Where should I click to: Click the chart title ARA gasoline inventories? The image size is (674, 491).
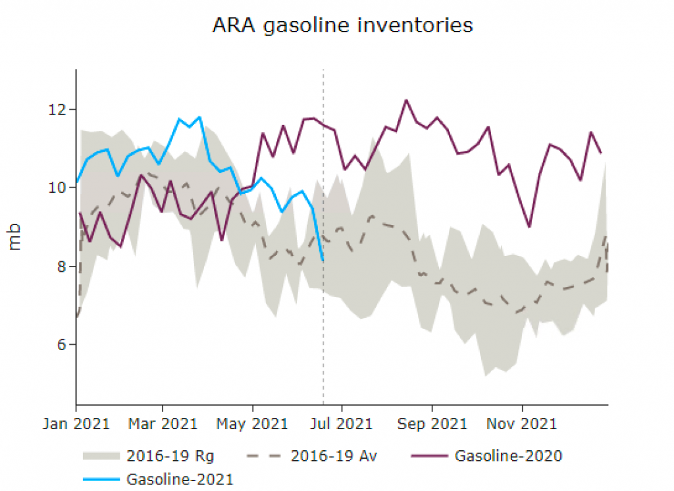pos(342,25)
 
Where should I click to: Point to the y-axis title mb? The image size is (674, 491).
pos(15,238)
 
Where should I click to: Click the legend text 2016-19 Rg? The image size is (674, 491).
pos(170,455)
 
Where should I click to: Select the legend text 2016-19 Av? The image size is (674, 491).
pos(334,455)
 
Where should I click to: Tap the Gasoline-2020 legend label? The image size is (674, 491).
pos(508,455)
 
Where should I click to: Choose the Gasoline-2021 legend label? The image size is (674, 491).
pos(180,478)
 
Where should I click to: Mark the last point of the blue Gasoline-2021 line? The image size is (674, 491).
pos(323,261)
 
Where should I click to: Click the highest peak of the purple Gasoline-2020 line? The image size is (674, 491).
pos(406,100)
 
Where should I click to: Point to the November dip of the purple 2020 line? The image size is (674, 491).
pos(529,226)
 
